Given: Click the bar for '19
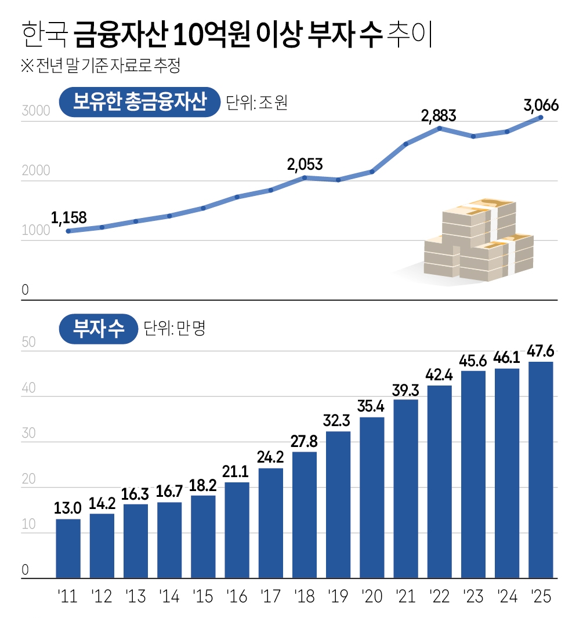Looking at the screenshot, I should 338,504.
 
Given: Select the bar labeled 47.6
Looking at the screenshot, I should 541,470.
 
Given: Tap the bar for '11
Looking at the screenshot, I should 68,548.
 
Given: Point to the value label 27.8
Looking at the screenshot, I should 305,441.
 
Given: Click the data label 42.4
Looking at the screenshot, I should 439,375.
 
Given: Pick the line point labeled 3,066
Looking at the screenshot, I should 540,118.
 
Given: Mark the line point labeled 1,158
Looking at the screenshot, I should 68,231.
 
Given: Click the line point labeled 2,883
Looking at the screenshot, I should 440,128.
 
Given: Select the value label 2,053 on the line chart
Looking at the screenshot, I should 305,165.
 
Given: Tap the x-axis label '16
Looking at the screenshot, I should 237,596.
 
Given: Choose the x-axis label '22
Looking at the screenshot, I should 439,596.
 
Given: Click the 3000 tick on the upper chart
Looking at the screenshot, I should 33,111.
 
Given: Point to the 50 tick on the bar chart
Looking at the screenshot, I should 29,342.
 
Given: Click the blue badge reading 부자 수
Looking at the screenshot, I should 98,329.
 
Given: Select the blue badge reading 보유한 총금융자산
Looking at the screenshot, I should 140,103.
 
